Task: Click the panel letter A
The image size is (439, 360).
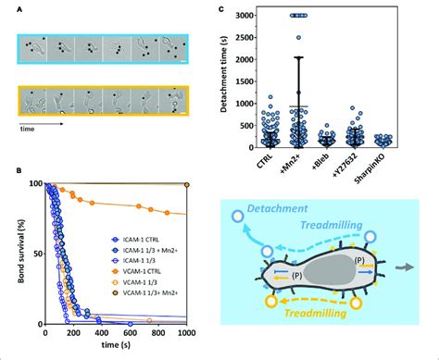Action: click(18, 10)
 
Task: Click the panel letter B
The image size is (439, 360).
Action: click(18, 168)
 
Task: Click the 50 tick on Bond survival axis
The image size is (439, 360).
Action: click(36, 252)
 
